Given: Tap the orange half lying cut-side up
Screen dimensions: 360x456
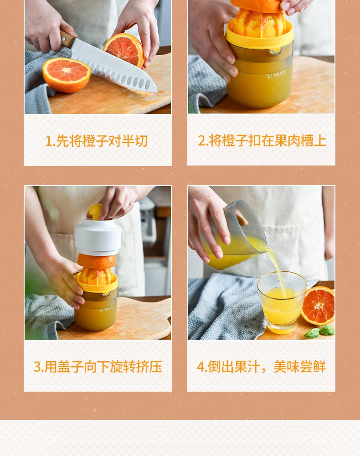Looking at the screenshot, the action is [67, 75].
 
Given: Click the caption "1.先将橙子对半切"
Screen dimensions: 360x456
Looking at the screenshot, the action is [97, 141].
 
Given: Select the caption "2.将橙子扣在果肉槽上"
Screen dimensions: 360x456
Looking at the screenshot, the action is [262, 141].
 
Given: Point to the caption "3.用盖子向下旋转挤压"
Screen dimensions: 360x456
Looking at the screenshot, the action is [98, 367].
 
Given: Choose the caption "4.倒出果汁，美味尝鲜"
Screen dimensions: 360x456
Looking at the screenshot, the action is [262, 367].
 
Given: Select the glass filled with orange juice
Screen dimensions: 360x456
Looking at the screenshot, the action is [282, 302].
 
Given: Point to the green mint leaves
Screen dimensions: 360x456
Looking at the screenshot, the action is [319, 332].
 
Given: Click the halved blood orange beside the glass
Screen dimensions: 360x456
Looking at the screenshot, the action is [318, 306].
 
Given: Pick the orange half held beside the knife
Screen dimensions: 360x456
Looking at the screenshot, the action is [124, 49].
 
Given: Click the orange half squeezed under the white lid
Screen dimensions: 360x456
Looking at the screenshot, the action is [97, 261].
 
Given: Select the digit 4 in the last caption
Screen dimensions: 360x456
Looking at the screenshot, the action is [201, 367].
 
